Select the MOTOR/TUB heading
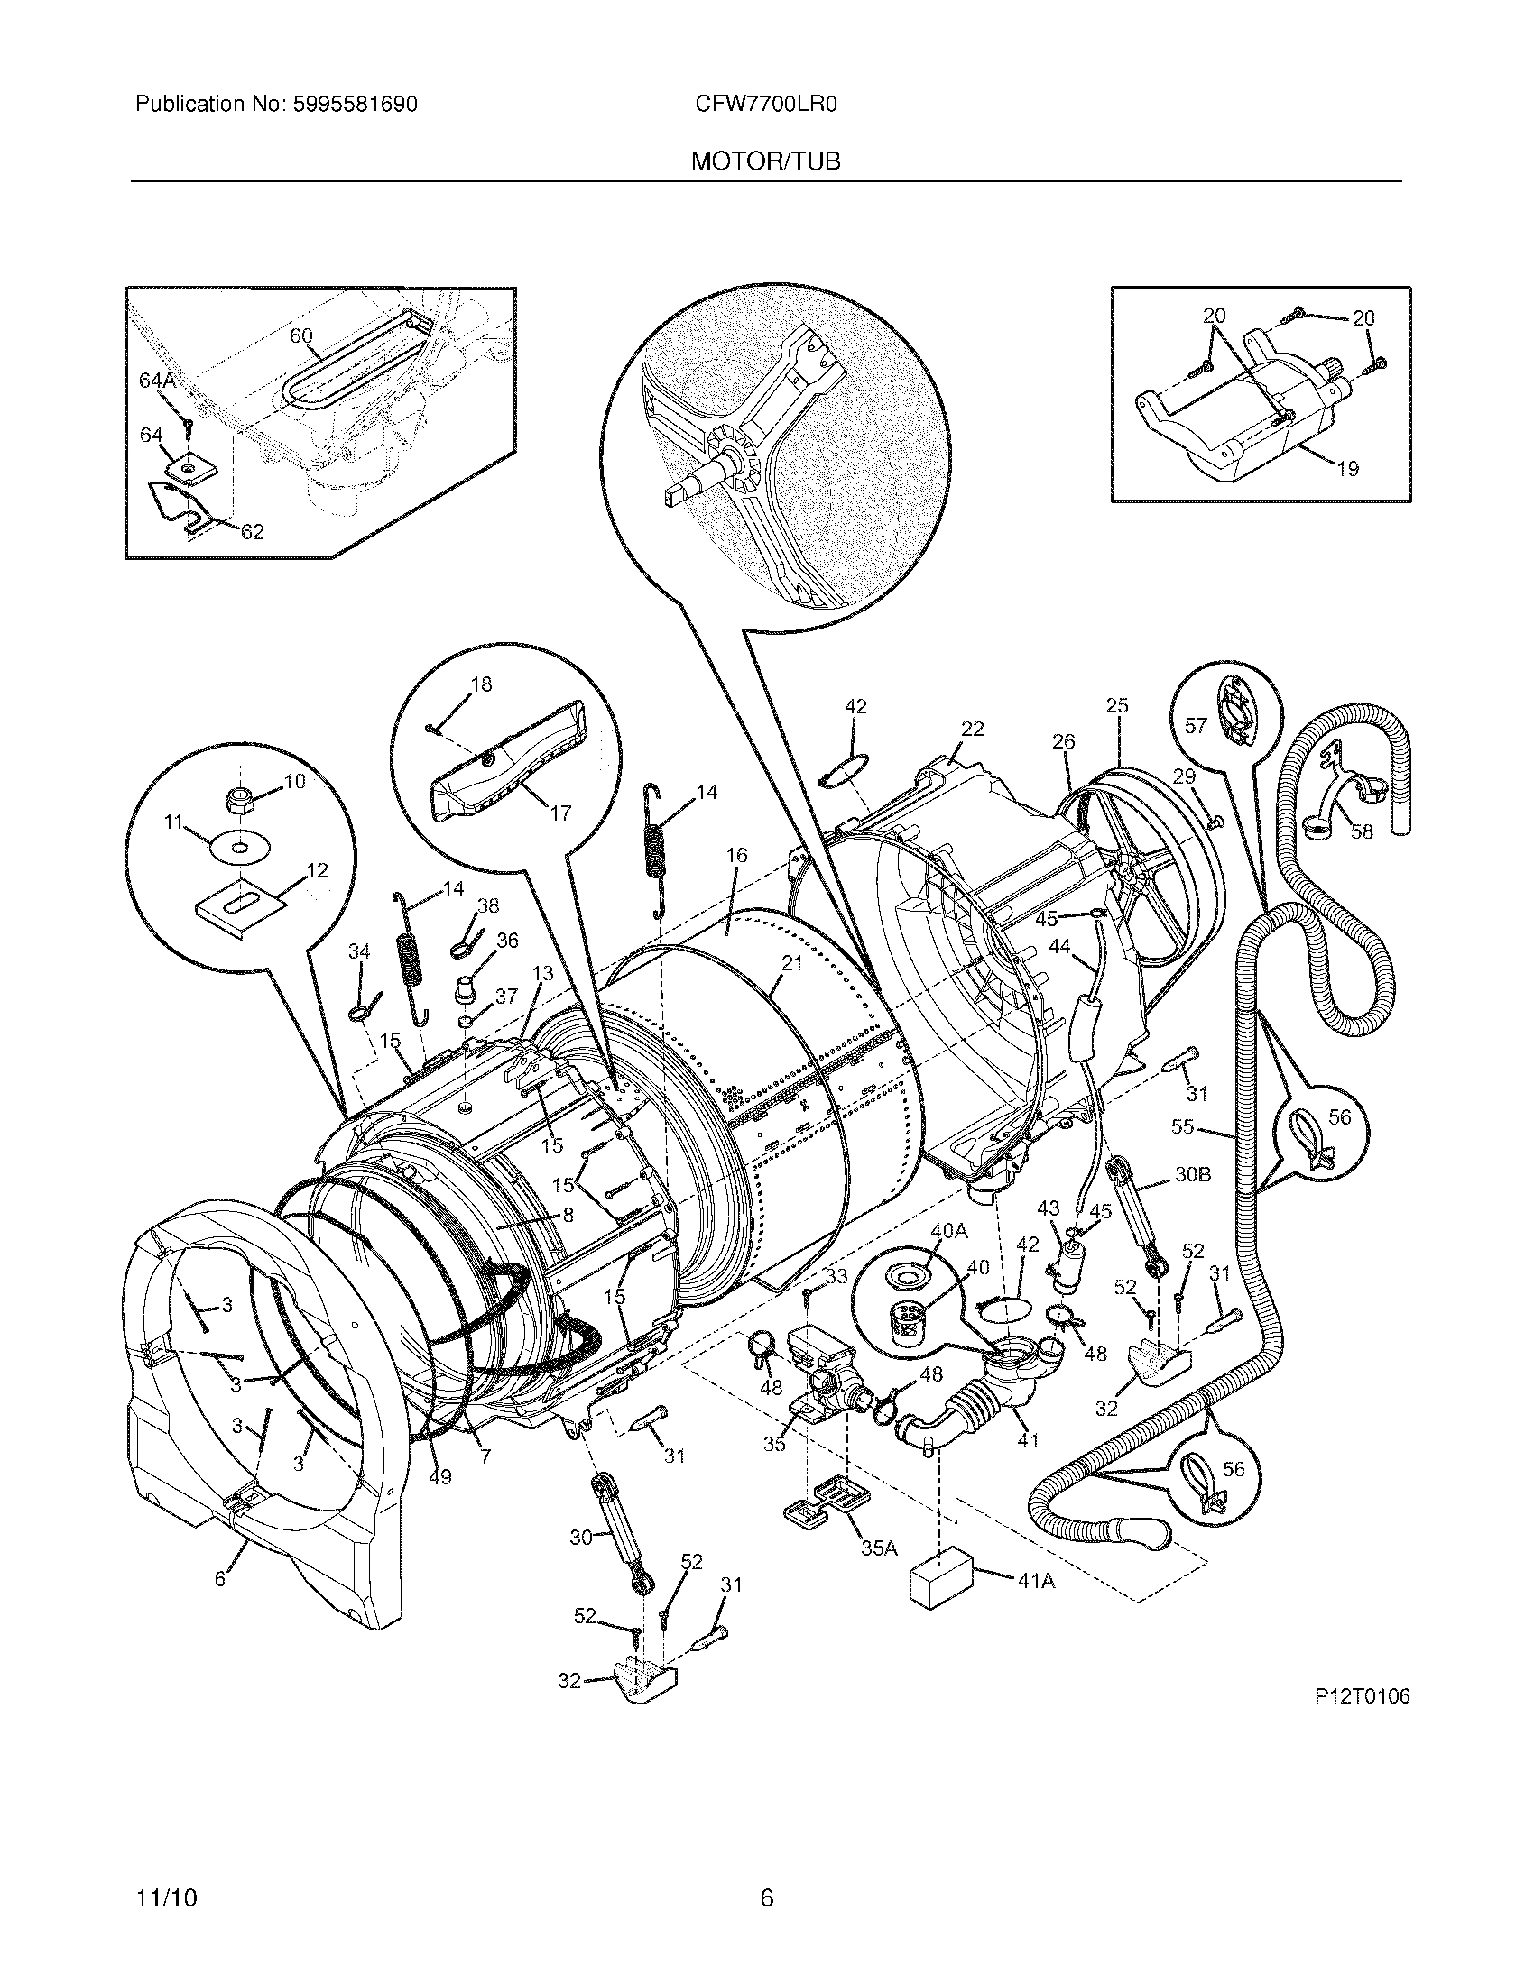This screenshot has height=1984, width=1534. [765, 161]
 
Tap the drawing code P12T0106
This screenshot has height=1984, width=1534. [1361, 1696]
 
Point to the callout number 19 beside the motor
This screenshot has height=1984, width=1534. [1347, 469]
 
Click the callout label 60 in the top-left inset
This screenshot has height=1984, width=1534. [300, 336]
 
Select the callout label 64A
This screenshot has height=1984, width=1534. [157, 381]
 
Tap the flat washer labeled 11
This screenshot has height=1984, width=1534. [239, 850]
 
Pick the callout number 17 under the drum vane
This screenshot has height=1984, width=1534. [560, 813]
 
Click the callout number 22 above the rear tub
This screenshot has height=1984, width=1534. [972, 729]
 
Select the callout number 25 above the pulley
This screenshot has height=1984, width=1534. [1117, 705]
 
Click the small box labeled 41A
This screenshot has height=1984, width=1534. [940, 1582]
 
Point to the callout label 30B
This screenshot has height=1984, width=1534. [1192, 1173]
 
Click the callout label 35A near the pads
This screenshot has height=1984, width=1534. [879, 1548]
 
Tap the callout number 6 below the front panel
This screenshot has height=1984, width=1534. [219, 1579]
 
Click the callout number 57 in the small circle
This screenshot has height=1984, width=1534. [1196, 725]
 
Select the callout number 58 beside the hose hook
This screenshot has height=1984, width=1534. [1361, 831]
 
